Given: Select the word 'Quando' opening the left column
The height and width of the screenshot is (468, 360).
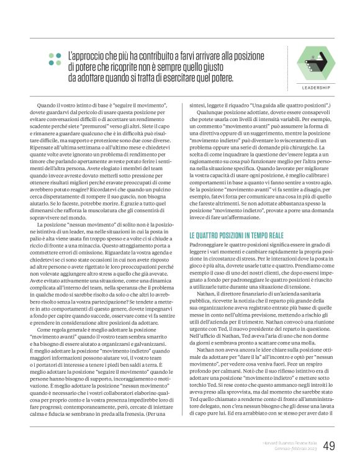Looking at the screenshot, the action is point(48,106).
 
